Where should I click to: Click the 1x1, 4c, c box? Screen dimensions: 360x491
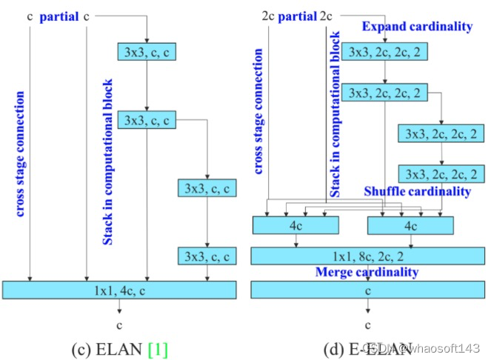pos(119,290)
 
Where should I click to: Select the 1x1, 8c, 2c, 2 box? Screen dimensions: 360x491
pos(367,256)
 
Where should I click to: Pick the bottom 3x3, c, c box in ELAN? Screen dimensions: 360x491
pos(207,257)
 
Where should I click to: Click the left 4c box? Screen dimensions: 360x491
pos(295,224)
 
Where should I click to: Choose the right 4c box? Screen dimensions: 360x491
pos(410,224)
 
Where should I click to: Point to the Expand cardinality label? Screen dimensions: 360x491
pos(417,27)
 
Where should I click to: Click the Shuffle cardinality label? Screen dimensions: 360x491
pos(417,191)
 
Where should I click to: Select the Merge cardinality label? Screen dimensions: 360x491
pos(367,272)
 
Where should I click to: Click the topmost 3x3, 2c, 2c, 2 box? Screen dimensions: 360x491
pos(384,51)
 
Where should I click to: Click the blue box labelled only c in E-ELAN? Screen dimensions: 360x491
pos(367,290)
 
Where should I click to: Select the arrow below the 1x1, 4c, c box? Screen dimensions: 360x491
pos(119,308)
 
